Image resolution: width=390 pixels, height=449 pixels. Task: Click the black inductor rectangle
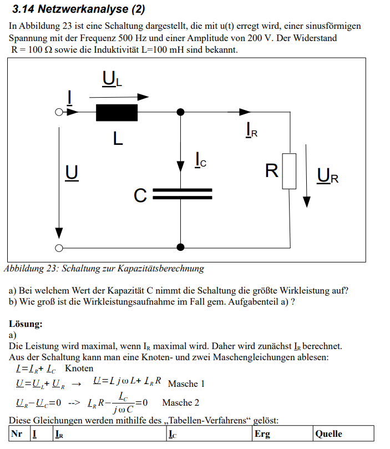(117, 112)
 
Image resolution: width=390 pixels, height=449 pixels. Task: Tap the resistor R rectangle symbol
(289, 171)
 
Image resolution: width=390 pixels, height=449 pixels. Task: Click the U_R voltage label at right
(327, 176)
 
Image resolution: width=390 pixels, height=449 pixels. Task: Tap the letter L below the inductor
(117, 138)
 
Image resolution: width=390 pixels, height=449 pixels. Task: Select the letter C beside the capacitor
(140, 195)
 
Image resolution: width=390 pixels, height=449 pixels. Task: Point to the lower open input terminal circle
(58, 248)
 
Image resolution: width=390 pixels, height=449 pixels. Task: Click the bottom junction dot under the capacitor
(180, 248)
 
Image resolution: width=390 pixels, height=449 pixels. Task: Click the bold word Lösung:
(26, 324)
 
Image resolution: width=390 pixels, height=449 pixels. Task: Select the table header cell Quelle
(328, 434)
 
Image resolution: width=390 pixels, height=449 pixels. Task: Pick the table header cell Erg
(262, 434)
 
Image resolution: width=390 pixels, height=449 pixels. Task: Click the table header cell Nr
(17, 434)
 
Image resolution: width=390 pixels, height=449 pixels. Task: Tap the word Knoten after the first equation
(79, 368)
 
